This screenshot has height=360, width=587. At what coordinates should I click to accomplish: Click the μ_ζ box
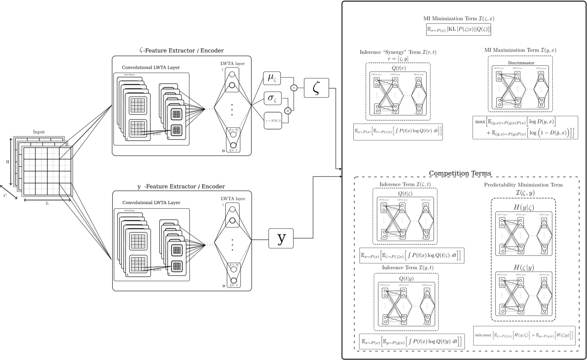(x=272, y=79)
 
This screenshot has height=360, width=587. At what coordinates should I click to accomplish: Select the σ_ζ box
(x=272, y=99)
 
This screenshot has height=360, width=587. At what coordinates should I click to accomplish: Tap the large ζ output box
(x=316, y=88)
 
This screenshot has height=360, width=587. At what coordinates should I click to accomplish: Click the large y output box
(x=281, y=238)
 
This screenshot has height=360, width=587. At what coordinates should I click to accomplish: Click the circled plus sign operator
(x=294, y=88)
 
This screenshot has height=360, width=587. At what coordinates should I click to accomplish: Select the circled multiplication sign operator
(x=287, y=111)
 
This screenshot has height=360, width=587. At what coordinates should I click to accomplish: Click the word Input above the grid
(x=39, y=132)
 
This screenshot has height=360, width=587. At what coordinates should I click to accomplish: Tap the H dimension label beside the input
(x=7, y=162)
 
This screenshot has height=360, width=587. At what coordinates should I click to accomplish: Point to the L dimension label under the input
(x=47, y=203)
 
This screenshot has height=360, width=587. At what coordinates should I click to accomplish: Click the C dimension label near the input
(x=5, y=195)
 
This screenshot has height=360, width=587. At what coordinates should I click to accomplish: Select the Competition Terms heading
(x=460, y=173)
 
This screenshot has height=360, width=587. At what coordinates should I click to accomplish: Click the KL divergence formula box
(x=459, y=29)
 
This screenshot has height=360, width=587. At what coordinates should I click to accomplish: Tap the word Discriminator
(x=521, y=62)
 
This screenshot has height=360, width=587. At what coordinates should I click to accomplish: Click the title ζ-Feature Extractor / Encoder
(x=181, y=50)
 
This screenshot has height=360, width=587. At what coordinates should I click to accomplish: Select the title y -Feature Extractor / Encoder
(x=181, y=187)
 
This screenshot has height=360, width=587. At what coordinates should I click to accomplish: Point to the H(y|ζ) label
(x=524, y=207)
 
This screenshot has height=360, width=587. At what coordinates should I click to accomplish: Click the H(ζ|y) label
(x=524, y=267)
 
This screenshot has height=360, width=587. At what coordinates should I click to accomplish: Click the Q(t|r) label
(x=398, y=68)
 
